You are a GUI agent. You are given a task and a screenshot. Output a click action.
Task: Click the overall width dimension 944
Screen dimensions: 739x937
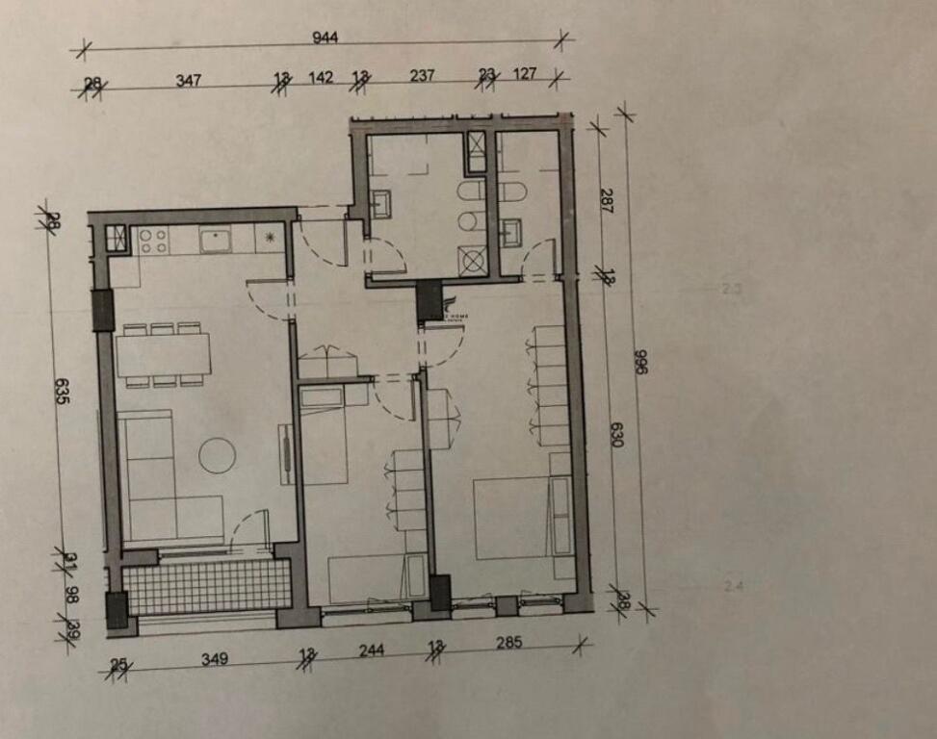(x=326, y=38)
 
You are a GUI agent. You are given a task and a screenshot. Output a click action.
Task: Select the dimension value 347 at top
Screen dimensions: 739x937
(x=189, y=80)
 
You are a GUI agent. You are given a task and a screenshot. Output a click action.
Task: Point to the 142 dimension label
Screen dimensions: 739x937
(x=321, y=78)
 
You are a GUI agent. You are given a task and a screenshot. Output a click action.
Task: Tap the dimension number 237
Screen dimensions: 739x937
(x=422, y=76)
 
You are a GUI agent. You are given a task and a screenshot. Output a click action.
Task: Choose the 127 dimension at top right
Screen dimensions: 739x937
(x=526, y=75)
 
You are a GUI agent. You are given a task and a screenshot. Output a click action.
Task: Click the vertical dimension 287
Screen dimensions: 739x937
(x=607, y=199)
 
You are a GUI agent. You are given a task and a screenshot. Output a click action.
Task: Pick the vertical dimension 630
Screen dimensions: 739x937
(x=617, y=435)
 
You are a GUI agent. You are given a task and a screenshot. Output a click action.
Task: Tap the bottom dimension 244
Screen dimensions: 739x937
(x=372, y=650)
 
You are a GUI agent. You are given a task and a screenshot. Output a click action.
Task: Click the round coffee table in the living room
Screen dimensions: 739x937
(x=218, y=454)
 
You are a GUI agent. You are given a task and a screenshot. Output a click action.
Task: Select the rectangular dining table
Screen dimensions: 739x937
(x=164, y=354)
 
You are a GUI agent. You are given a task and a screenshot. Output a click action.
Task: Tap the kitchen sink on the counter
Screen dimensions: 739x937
(x=216, y=239)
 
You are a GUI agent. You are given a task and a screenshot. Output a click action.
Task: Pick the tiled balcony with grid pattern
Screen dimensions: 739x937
(x=208, y=586)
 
